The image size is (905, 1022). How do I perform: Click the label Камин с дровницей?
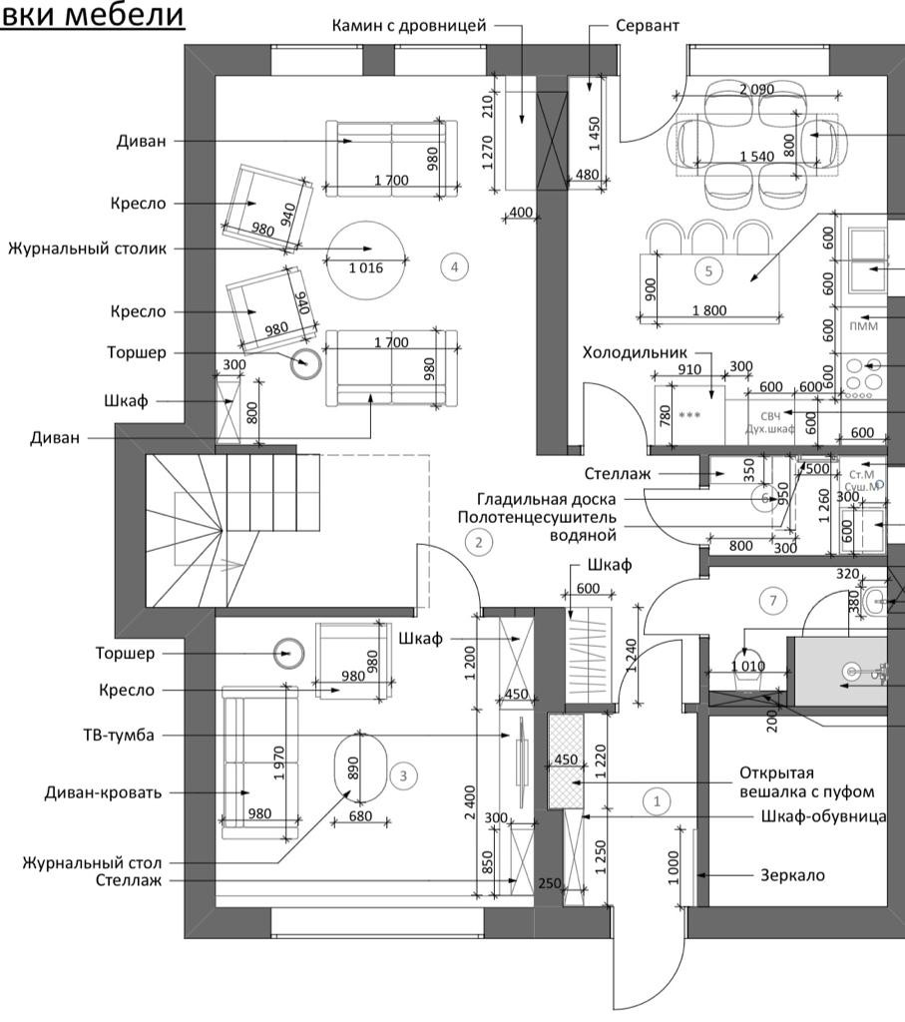(409, 25)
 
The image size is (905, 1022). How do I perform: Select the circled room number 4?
(454, 266)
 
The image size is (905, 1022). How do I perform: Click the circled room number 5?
(708, 269)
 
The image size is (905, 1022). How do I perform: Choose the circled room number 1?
(657, 800)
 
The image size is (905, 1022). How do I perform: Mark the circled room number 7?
(772, 600)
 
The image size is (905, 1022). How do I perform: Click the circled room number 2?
(479, 543)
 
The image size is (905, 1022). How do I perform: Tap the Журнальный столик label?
(87, 248)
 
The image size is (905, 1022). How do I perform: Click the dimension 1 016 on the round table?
(366, 267)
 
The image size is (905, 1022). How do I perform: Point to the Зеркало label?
(793, 875)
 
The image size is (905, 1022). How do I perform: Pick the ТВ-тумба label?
(119, 736)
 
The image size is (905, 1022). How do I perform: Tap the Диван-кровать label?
(103, 793)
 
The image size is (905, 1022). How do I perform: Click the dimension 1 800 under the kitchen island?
(708, 310)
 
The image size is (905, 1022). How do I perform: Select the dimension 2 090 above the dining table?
(756, 90)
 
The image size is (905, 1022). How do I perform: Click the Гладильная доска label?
(547, 499)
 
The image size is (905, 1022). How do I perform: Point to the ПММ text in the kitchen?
(863, 326)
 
